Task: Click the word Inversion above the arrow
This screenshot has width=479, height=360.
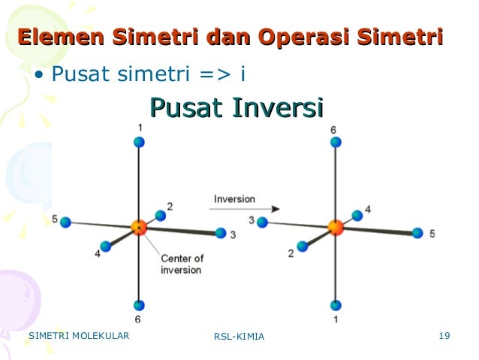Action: [234, 199]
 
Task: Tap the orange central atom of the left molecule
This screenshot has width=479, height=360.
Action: [138, 227]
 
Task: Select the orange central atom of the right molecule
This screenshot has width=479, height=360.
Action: [336, 227]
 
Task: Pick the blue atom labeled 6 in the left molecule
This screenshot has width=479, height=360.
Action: [139, 305]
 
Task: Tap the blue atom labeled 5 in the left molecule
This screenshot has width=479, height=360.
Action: [66, 222]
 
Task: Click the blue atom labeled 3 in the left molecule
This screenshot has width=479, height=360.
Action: [220, 233]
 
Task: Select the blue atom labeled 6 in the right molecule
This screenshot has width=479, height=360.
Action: [336, 141]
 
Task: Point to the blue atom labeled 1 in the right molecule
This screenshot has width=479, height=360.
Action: [336, 305]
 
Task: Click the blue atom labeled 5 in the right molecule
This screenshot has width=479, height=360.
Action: [417, 233]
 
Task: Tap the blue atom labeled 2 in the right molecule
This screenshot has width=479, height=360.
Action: [303, 245]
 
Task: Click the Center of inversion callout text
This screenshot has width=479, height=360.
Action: [181, 264]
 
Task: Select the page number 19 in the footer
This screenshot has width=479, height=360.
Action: [443, 335]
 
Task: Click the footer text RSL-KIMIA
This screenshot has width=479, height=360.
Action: [239, 336]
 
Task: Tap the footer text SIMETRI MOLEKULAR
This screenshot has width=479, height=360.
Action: [78, 335]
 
